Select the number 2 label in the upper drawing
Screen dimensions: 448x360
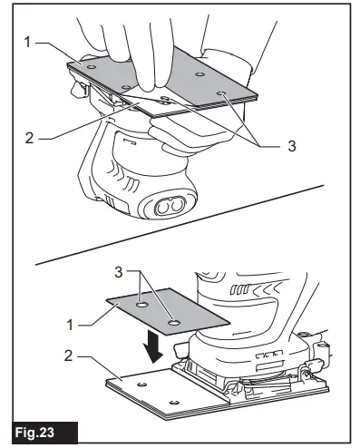coord(31,139)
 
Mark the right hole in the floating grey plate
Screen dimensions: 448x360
coord(174,321)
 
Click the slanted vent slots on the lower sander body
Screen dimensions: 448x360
coord(270,355)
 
